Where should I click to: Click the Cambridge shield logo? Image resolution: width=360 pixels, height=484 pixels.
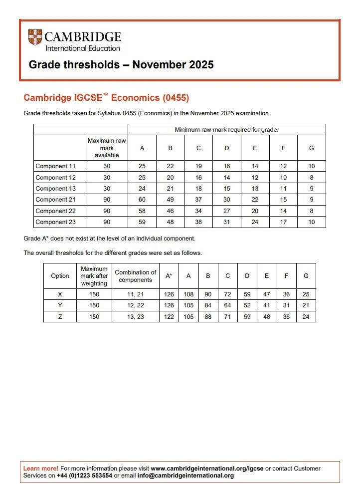(x=35, y=38)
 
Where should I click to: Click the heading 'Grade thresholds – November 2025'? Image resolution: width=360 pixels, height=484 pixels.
(x=121, y=65)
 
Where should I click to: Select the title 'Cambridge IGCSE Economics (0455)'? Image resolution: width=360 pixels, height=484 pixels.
(x=106, y=98)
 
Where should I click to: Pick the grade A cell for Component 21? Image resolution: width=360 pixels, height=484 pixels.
(x=142, y=200)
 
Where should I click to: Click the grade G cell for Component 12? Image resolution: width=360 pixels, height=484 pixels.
(x=311, y=178)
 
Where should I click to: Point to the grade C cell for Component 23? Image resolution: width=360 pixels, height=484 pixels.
(x=198, y=222)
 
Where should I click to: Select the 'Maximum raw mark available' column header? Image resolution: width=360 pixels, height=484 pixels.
(x=107, y=148)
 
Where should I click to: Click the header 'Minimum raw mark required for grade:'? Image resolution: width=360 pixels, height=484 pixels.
(x=226, y=130)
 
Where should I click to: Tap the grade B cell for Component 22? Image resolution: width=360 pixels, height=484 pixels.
(x=170, y=211)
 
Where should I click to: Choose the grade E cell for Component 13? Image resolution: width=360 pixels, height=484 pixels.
(x=255, y=189)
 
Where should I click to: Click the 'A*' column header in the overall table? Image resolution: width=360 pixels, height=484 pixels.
(x=169, y=276)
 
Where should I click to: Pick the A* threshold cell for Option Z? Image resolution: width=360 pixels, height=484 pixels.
(x=169, y=317)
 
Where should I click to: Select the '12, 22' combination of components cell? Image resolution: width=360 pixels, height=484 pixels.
(x=135, y=305)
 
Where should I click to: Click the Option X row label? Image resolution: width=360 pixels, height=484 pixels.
(x=60, y=294)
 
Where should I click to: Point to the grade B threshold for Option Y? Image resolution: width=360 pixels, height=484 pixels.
(x=208, y=305)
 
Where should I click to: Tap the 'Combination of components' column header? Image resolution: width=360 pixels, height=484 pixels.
(x=135, y=276)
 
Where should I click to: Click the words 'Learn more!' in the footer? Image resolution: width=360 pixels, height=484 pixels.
(x=41, y=469)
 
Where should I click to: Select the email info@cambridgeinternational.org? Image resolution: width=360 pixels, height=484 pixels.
(x=192, y=476)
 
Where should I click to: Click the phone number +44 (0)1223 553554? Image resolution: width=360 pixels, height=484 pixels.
(x=85, y=476)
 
